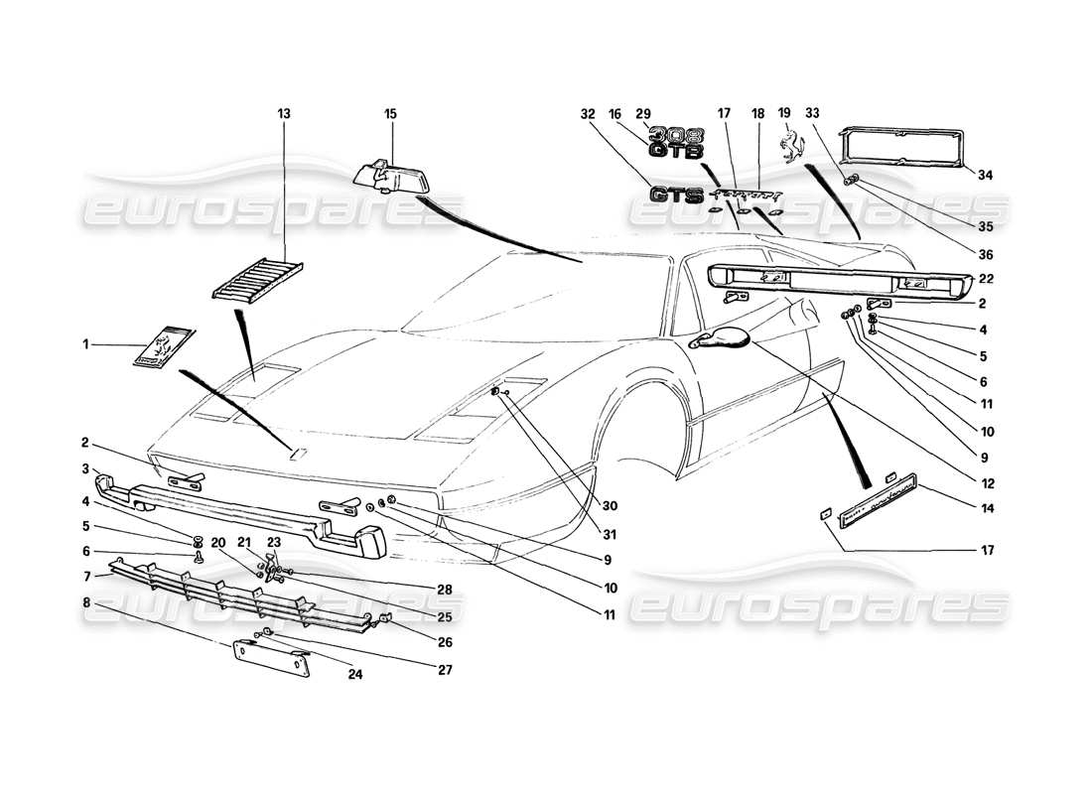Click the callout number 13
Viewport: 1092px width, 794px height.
click(285, 115)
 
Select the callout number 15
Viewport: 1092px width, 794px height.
click(390, 115)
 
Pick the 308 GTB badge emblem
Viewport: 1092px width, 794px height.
click(676, 143)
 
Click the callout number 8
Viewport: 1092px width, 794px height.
click(86, 601)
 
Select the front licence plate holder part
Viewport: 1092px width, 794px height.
click(270, 659)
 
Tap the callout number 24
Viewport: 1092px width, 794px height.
click(354, 675)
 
